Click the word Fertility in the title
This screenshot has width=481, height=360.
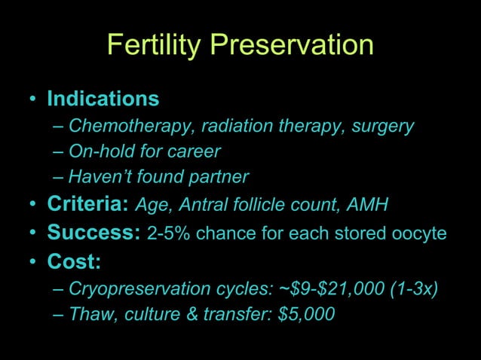point(155,45)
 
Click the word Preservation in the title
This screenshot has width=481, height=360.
point(292,45)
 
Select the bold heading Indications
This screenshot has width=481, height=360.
point(103,99)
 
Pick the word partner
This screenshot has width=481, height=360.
point(220,177)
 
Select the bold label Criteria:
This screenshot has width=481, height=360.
point(87,204)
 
